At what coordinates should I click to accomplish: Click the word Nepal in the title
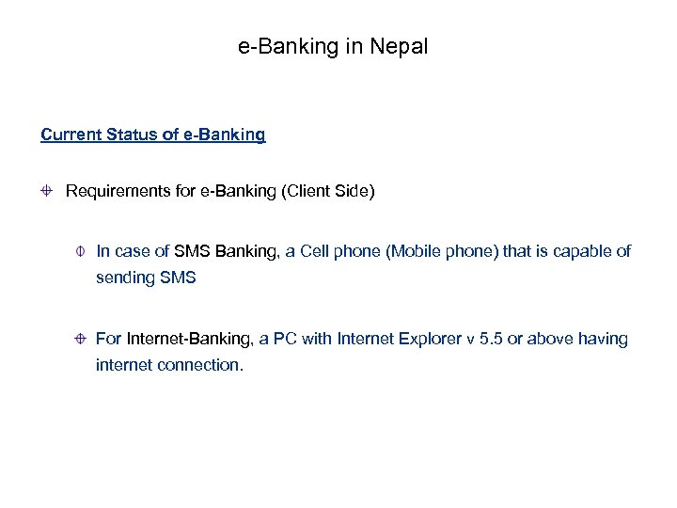click(401, 46)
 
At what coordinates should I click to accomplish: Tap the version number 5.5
click(490, 339)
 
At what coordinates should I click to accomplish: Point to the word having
click(605, 339)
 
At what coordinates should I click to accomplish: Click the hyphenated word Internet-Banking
click(185, 339)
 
